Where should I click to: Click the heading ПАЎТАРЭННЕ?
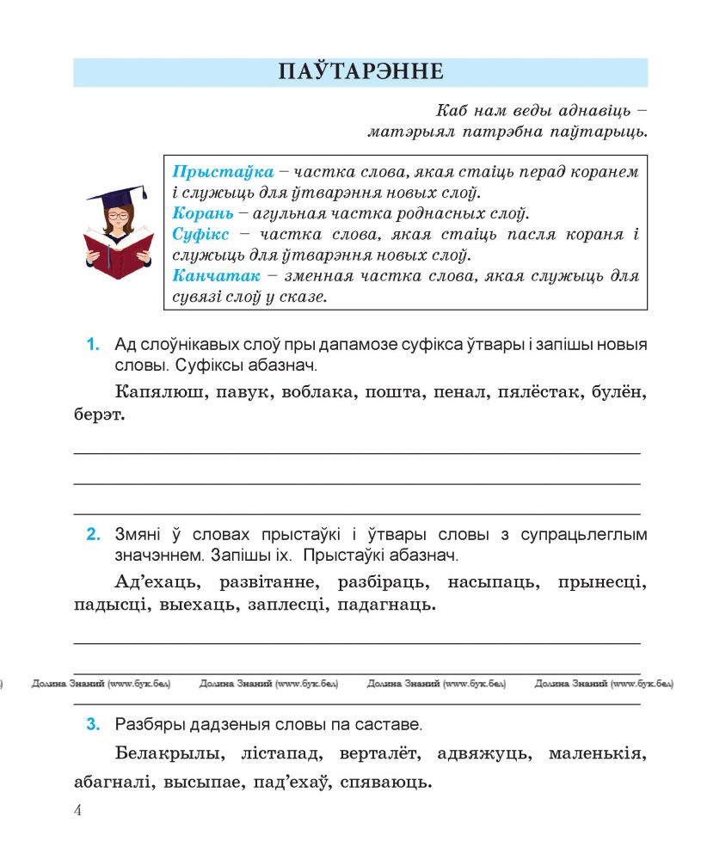(360, 71)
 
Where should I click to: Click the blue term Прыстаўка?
(223, 171)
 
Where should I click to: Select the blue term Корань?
(201, 213)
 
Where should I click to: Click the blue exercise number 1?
(93, 346)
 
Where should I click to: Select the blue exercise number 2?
(93, 535)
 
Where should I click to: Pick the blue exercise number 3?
(93, 725)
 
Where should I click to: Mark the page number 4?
(78, 811)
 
